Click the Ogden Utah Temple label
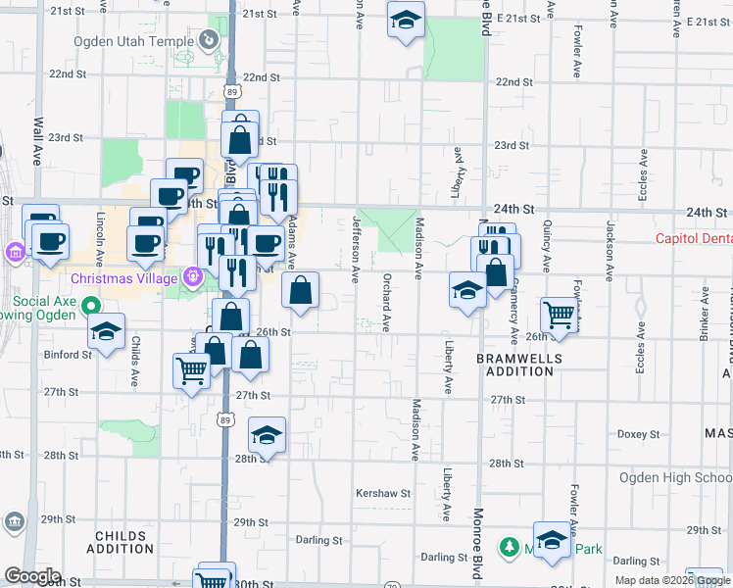[133, 41]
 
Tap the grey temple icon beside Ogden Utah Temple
[208, 40]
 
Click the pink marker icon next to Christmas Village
[193, 276]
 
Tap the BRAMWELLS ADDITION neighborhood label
[519, 366]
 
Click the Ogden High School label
[674, 477]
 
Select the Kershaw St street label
[383, 493]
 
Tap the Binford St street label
[68, 355]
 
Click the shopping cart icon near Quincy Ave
[559, 315]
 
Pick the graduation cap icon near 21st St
[405, 19]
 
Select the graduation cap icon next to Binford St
[106, 330]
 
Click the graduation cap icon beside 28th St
[266, 434]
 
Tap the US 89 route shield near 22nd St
[231, 90]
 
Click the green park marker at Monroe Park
[509, 547]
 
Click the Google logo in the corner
[32, 576]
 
